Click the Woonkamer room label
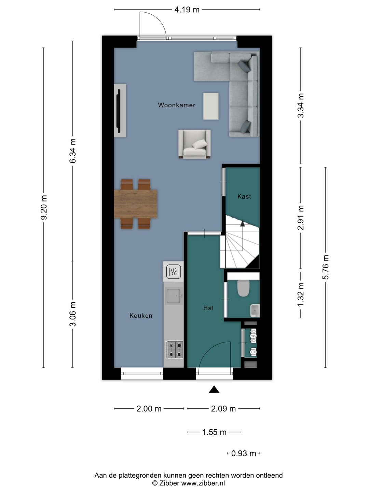click(177, 105)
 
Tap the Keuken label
click(141, 316)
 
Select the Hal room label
click(208, 308)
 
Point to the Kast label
click(244, 196)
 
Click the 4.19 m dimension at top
click(187, 10)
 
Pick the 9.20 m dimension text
click(44, 207)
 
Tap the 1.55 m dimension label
click(214, 432)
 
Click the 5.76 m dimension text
click(326, 267)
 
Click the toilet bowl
click(243, 288)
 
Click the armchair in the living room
click(194, 144)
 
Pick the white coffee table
click(211, 106)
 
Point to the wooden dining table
click(136, 204)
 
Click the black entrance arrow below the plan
click(214, 389)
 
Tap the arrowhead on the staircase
click(243, 223)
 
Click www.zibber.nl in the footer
click(203, 483)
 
